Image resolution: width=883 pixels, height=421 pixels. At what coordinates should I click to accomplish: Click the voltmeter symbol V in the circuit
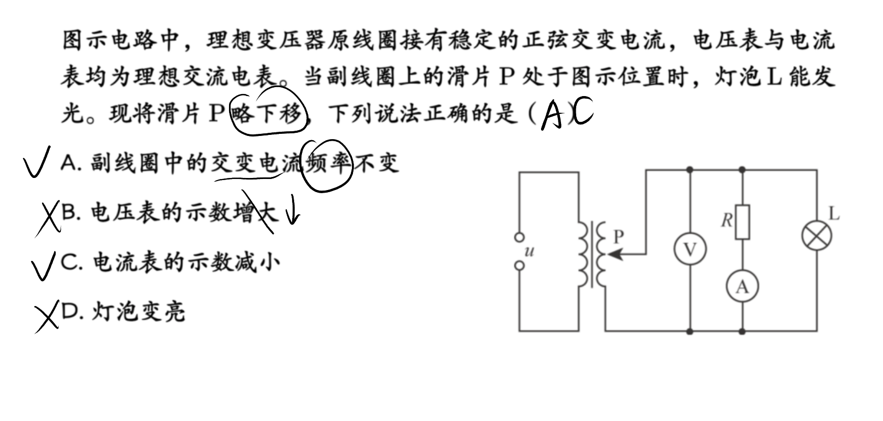click(x=690, y=249)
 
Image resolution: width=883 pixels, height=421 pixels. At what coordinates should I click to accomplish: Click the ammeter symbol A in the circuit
click(x=742, y=286)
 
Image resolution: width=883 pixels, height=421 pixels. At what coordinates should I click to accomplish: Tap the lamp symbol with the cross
click(x=817, y=236)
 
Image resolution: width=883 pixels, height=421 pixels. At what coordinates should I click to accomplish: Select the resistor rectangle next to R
click(x=743, y=222)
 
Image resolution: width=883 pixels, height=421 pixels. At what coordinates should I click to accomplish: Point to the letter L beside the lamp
click(x=834, y=214)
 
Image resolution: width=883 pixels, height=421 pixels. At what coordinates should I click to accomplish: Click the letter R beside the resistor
click(x=726, y=220)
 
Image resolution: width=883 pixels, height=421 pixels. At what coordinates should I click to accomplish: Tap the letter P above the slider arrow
click(x=619, y=236)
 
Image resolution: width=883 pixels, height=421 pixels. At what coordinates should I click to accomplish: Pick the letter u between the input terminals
click(x=529, y=251)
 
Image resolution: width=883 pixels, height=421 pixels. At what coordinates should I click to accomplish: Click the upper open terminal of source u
click(x=520, y=237)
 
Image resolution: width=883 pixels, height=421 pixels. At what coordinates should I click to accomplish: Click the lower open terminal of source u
click(x=520, y=266)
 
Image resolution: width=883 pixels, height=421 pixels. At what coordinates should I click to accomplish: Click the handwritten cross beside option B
click(x=48, y=218)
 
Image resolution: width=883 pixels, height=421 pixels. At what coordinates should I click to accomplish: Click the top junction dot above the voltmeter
click(x=690, y=170)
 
